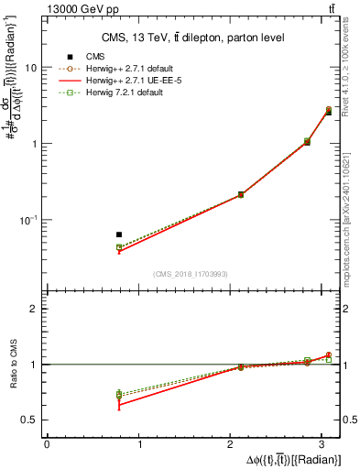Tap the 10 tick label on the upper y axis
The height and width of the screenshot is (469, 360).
click(x=31, y=68)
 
